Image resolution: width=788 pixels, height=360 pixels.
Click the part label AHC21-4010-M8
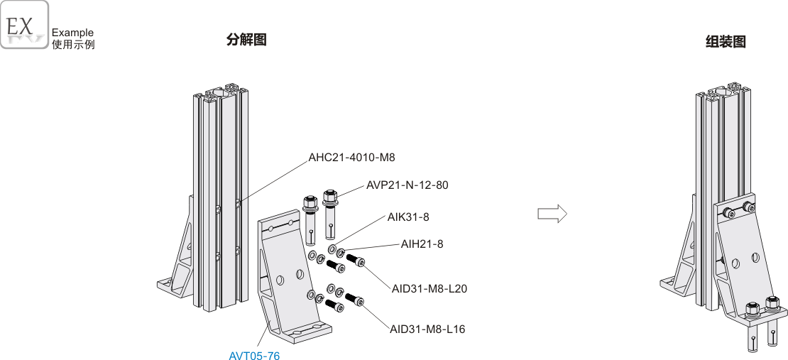coord(352,158)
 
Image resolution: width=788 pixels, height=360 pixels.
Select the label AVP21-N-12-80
coord(407,185)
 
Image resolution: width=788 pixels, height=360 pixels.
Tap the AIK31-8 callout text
coord(408,217)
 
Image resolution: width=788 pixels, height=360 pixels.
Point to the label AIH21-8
coord(422,244)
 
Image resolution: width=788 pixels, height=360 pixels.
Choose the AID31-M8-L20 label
coord(429,288)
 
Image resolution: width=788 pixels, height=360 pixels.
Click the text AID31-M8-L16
coord(427,329)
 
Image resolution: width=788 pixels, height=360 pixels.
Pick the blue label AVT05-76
coord(254,356)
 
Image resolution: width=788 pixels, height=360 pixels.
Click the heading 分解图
coord(246,40)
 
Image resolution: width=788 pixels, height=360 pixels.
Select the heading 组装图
coord(726,42)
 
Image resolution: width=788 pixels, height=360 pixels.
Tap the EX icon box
coord(25,25)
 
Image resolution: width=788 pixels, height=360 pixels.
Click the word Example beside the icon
coord(72,33)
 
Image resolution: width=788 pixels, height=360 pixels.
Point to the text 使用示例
coord(73,44)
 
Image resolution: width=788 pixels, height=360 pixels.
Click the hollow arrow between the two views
coord(552,214)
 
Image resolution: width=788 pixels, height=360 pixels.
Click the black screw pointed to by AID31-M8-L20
coord(355,261)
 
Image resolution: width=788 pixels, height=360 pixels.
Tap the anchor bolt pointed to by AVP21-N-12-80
coord(330,214)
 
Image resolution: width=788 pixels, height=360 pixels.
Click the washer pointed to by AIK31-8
coord(332,249)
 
